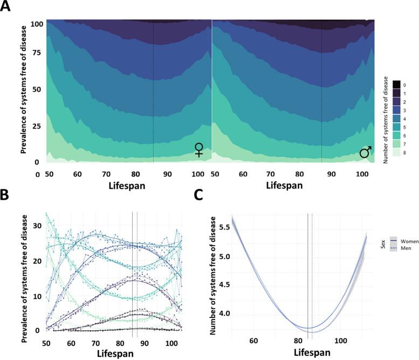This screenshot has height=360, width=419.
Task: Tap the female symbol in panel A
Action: [x=199, y=150]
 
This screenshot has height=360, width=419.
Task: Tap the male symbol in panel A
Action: [x=366, y=153]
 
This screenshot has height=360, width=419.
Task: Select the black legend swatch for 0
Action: [x=396, y=85]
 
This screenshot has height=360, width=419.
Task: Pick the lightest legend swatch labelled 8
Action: [x=396, y=153]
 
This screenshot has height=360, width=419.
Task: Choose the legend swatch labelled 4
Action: [x=396, y=119]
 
